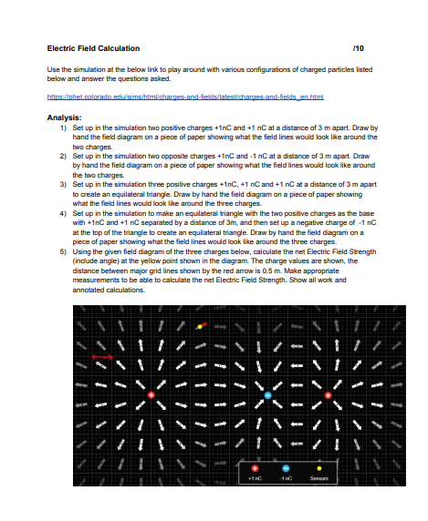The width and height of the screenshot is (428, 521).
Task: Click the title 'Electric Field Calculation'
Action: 93,47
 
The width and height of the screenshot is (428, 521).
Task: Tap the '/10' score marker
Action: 369,47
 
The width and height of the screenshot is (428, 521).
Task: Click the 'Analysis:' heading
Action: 64,117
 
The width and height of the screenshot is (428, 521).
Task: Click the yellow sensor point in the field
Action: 200,326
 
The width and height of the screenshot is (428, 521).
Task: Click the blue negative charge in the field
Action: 268,395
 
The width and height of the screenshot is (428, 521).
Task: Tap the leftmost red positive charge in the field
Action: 151,394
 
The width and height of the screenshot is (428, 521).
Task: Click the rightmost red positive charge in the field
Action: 329,395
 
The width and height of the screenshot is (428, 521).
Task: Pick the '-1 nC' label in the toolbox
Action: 286,476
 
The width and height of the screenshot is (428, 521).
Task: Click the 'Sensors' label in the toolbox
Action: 319,476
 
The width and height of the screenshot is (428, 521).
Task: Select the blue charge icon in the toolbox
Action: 286,465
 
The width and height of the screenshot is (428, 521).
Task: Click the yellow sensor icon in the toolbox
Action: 319,465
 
